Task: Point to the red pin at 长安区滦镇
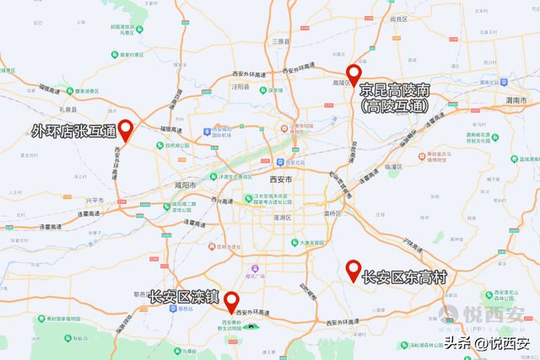pos(229,301)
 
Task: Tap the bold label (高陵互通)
pos(394,107)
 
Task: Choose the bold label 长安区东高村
pos(403,277)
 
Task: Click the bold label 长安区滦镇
pos(183,297)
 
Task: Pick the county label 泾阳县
pos(240,86)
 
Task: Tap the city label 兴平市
pos(94,200)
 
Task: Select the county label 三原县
pos(279,40)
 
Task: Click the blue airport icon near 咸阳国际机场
pos(206,132)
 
